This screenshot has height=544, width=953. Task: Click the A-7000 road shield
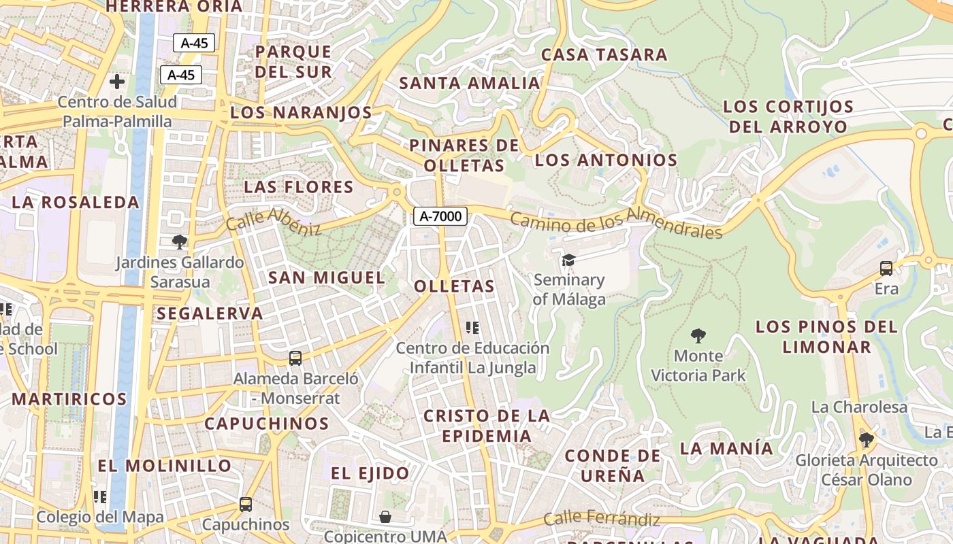[x=440, y=216]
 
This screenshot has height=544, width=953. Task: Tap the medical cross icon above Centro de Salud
[x=117, y=82]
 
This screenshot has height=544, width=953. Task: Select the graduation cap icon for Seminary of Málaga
[x=568, y=260]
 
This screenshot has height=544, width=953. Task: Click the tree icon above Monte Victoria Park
[x=698, y=335]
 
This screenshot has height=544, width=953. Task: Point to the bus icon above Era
[x=886, y=269]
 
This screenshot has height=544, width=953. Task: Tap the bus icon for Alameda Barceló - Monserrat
[x=295, y=358]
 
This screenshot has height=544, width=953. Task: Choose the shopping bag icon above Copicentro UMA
[x=385, y=517]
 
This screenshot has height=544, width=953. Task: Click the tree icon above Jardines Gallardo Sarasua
[x=179, y=241]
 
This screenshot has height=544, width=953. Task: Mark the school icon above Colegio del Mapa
[x=100, y=497]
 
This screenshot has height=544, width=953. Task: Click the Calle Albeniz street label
[x=273, y=221]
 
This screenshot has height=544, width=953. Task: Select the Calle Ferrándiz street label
[x=602, y=520]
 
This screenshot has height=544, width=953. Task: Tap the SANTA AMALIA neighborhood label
[x=469, y=83]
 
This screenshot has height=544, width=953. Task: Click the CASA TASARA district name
[x=604, y=54]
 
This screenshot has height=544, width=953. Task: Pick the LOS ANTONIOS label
[x=606, y=160]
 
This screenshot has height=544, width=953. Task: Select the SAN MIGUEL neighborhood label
[x=327, y=277]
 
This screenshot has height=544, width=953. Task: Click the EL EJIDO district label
[x=370, y=473]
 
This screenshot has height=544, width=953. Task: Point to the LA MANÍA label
[x=726, y=449]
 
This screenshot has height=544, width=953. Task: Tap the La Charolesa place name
[x=859, y=407]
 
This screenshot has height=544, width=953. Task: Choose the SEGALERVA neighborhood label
[x=210, y=313]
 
